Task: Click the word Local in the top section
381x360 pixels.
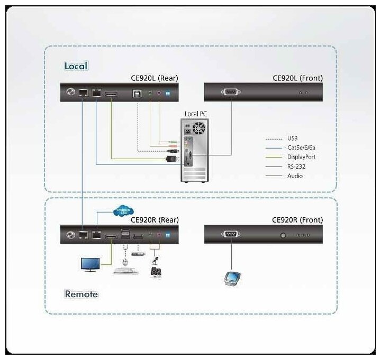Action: tap(76, 66)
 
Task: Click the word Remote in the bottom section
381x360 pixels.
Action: tap(81, 293)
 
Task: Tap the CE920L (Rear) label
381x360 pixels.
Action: tap(155, 78)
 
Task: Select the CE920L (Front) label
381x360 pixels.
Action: tap(297, 78)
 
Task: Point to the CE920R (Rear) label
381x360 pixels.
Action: tap(155, 220)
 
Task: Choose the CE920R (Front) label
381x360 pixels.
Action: tap(297, 220)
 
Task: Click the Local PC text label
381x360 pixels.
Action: tap(195, 114)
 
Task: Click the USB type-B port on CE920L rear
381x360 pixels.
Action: tap(136, 93)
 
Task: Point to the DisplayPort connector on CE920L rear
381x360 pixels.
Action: tap(111, 94)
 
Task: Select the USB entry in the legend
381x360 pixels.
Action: tap(292, 138)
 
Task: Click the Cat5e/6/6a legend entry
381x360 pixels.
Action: tap(301, 147)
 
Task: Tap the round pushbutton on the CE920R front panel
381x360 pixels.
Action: tap(283, 235)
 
